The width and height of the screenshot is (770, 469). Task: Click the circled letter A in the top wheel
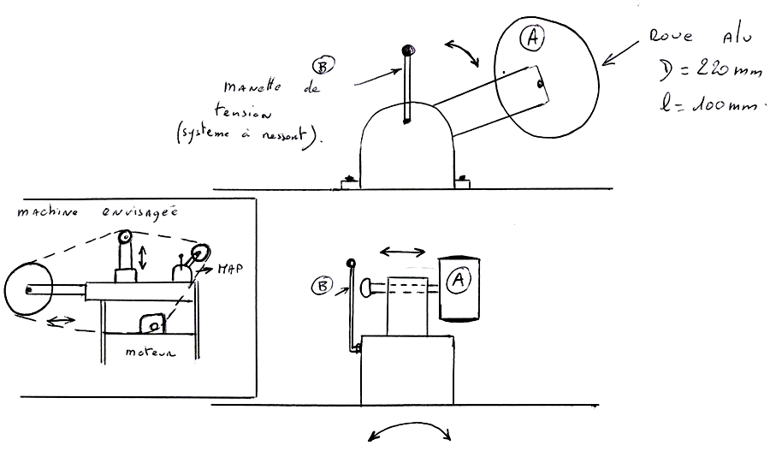pos(532,38)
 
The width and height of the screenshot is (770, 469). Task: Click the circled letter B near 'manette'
pos(323,65)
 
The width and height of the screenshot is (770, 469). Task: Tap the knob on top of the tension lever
pos(408,50)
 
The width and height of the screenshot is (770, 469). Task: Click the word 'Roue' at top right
pos(666,38)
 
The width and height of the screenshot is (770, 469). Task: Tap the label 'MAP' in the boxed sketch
pos(229,268)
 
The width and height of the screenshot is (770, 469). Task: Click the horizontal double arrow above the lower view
pos(402,251)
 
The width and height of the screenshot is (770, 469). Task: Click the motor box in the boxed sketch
pos(152,324)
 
